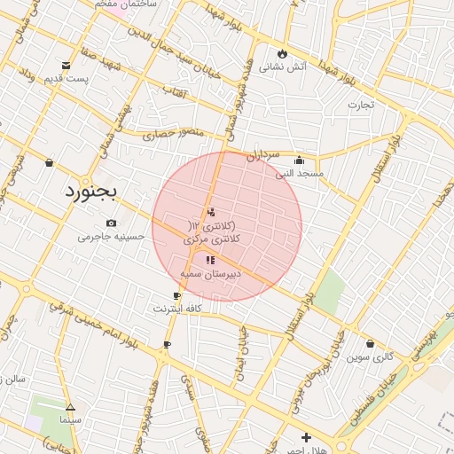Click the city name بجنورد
tap(95, 191)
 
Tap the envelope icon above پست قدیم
tap(67, 65)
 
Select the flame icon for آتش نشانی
tap(283, 53)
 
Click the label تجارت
tap(361, 105)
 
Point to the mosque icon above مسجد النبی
tap(300, 160)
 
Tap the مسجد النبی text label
tap(299, 174)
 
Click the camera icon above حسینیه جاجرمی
tap(111, 223)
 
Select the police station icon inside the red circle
tap(210, 212)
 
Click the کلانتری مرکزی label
tap(212, 239)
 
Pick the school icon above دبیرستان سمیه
tap(210, 260)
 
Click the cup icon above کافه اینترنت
tap(176, 296)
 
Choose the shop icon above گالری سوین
tap(370, 343)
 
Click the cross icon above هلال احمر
tap(306, 437)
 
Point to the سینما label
tap(70, 418)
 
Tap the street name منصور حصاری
tap(173, 133)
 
